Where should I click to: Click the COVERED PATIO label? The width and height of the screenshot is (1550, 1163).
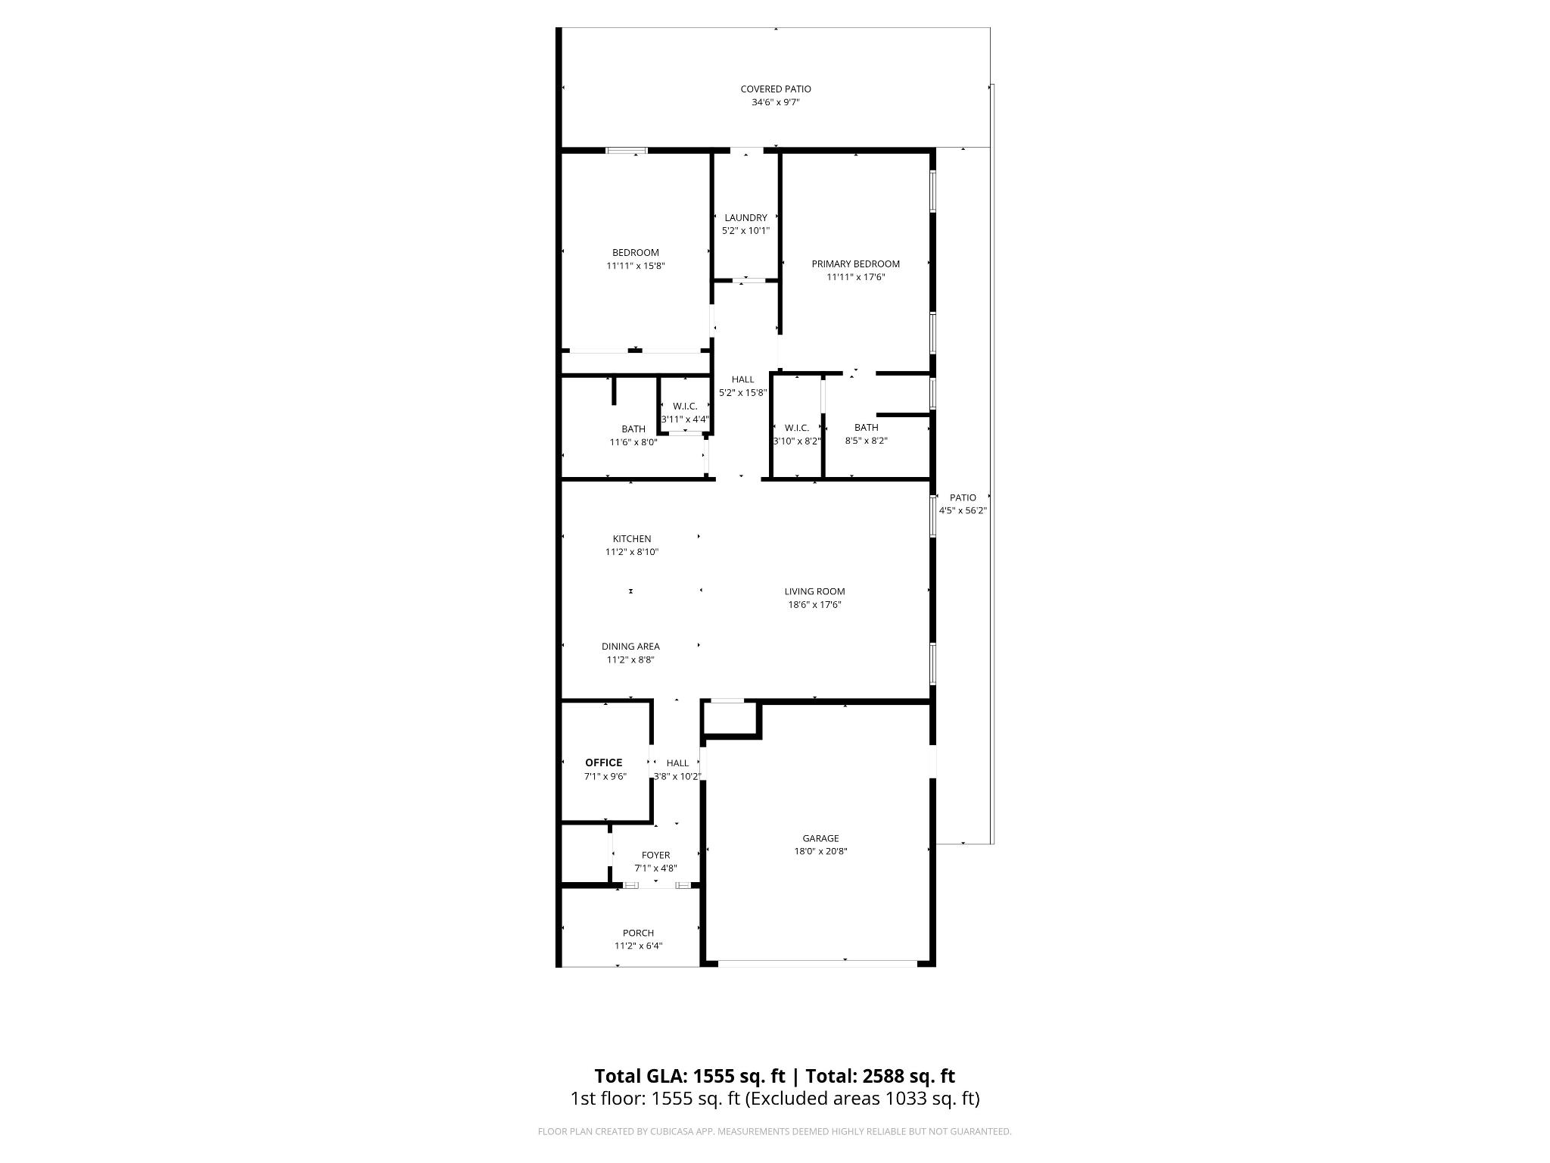click(775, 89)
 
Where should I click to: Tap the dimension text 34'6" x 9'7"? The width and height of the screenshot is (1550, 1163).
click(775, 102)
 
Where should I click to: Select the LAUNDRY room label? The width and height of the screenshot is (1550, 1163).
click(745, 218)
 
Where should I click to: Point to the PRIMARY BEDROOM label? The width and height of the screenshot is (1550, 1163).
click(855, 264)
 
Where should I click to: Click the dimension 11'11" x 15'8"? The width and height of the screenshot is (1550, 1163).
click(635, 266)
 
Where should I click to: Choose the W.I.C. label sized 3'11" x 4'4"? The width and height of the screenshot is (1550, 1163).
click(685, 407)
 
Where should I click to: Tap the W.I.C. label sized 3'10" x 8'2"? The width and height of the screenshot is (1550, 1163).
click(796, 428)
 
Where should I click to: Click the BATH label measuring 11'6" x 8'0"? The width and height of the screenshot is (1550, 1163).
click(633, 429)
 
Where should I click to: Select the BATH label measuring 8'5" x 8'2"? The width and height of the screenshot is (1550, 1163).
click(866, 428)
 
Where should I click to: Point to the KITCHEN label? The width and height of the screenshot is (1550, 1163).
click(631, 539)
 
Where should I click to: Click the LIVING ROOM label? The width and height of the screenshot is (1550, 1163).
click(814, 591)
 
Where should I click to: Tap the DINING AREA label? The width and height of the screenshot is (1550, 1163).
click(630, 647)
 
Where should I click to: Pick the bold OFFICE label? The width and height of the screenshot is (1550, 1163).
click(603, 762)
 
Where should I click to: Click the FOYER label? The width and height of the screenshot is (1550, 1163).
click(655, 856)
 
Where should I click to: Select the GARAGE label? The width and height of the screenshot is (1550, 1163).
click(820, 838)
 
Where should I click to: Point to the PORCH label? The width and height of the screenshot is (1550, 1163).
click(638, 933)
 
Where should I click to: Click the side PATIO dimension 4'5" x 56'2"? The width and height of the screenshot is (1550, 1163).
click(963, 511)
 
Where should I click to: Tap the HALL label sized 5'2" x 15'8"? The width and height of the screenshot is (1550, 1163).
click(742, 380)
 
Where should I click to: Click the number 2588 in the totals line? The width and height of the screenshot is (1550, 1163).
click(882, 1076)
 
